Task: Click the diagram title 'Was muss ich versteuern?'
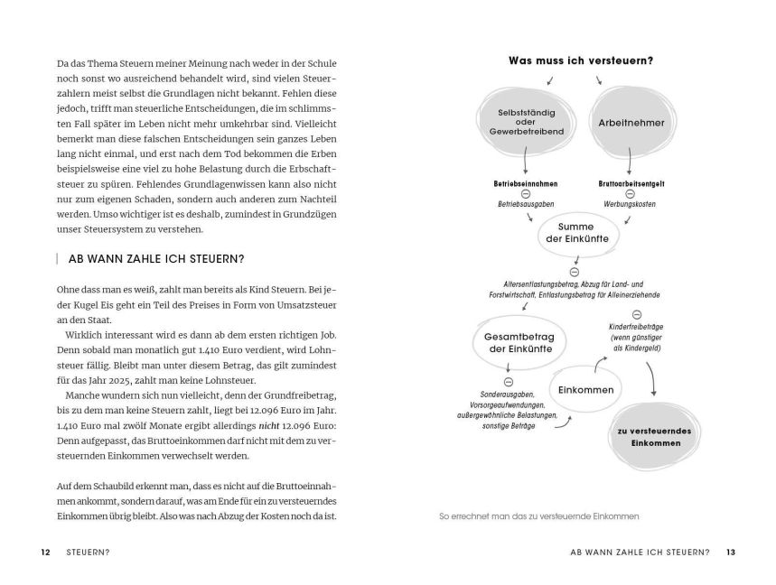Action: [581, 61]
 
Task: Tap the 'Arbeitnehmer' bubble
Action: [631, 122]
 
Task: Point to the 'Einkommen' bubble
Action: [586, 390]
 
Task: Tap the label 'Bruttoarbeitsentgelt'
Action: [631, 183]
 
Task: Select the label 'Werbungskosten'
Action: [629, 205]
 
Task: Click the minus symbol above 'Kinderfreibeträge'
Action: [636, 313]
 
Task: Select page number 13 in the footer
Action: [731, 552]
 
